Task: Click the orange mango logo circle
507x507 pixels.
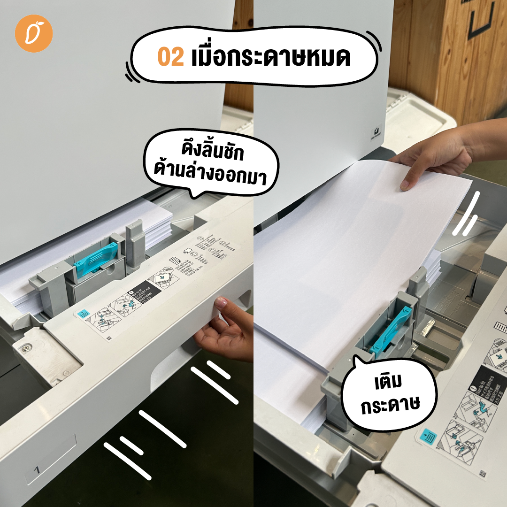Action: [x=34, y=33]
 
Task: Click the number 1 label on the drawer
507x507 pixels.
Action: [x=37, y=470]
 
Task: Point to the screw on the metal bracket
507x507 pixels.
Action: [x=24, y=348]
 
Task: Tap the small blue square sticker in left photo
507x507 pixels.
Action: [x=84, y=314]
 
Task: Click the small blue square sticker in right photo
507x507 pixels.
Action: [x=428, y=437]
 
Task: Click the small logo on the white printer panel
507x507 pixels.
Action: [x=377, y=132]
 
